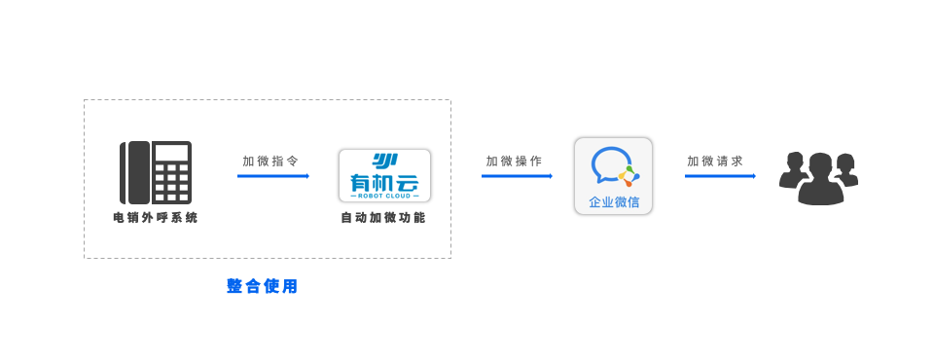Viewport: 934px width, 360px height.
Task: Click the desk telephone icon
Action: click(156, 172)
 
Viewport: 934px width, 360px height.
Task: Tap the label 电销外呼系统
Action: click(156, 218)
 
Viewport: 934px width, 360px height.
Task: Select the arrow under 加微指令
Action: click(272, 176)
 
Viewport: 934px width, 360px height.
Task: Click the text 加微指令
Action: click(270, 161)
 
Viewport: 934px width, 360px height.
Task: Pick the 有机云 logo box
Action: click(384, 175)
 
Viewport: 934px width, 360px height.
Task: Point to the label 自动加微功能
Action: click(383, 218)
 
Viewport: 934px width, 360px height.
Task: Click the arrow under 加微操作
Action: click(517, 176)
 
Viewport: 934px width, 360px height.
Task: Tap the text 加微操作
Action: click(515, 161)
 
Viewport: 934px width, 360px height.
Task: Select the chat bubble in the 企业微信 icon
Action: click(609, 163)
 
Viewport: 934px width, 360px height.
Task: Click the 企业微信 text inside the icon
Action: click(614, 201)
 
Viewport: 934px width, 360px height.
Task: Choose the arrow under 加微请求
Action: click(720, 176)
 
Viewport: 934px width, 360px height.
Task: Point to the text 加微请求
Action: click(715, 161)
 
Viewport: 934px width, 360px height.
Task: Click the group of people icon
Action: click(819, 178)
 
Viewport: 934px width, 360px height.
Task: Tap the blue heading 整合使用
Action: click(262, 286)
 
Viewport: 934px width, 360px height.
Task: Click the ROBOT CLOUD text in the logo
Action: click(384, 195)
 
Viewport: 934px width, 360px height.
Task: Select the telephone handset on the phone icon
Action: click(135, 172)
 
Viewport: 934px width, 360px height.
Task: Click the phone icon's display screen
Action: click(171, 153)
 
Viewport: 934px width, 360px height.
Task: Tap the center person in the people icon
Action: click(820, 180)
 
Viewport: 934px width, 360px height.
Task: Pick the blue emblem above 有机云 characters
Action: click(384, 160)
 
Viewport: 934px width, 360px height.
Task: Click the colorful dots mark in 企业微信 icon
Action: click(629, 176)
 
